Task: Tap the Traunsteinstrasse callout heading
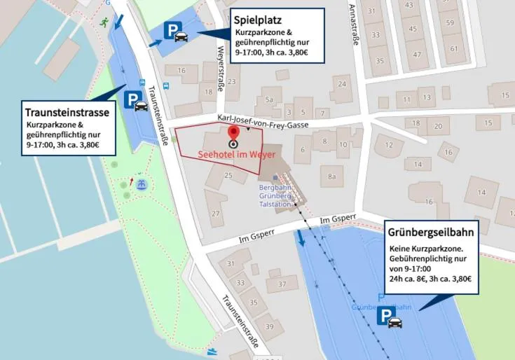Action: coord(67,112)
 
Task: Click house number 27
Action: coord(217,212)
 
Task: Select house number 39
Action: coord(269,327)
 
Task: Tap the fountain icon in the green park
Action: coord(142,185)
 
